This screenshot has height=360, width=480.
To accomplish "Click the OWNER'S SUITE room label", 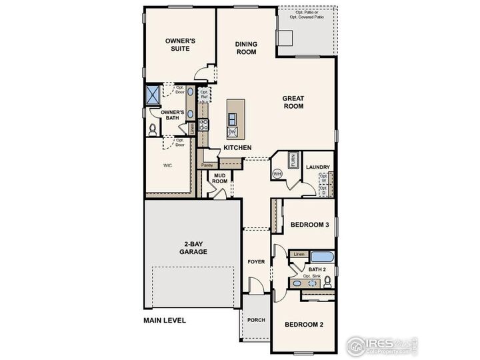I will (x=180, y=45).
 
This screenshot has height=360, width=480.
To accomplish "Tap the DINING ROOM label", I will (x=246, y=48).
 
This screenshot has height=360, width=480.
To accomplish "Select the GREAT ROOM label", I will (x=293, y=102).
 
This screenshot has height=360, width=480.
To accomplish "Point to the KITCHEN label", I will (x=237, y=147).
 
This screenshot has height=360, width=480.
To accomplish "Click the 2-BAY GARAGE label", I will (x=193, y=248).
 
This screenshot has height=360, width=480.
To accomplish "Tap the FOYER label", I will (x=256, y=261).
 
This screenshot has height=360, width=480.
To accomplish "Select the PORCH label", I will (x=256, y=320).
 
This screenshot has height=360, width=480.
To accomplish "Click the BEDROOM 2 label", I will (x=304, y=325).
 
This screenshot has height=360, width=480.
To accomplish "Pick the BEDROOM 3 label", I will (x=310, y=225).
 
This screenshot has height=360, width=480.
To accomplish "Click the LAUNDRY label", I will (x=319, y=167).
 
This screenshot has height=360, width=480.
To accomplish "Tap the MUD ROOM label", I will (x=220, y=177).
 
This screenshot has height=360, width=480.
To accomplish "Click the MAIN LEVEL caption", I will (x=165, y=320).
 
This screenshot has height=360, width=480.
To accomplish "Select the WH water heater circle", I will (x=278, y=174).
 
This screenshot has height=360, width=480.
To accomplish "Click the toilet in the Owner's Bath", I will (x=153, y=127).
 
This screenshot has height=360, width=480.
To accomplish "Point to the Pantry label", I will (x=207, y=164).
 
